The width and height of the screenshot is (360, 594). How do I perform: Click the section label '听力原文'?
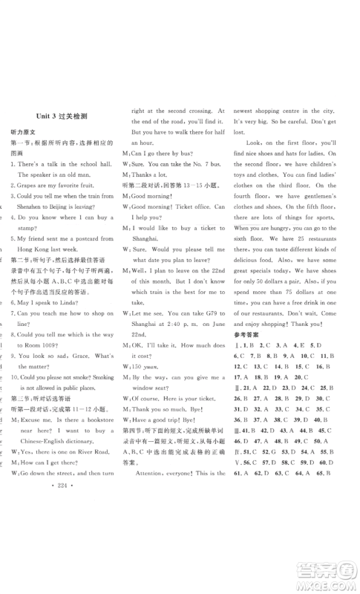pos(24,130)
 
